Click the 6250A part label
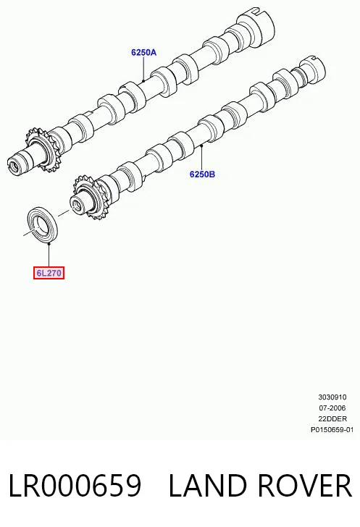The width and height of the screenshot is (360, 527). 144,52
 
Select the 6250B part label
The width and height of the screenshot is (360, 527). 202,174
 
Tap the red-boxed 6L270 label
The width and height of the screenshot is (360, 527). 49,273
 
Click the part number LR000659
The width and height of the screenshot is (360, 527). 75,485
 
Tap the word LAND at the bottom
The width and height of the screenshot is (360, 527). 208,485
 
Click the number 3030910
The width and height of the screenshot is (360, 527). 332,397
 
